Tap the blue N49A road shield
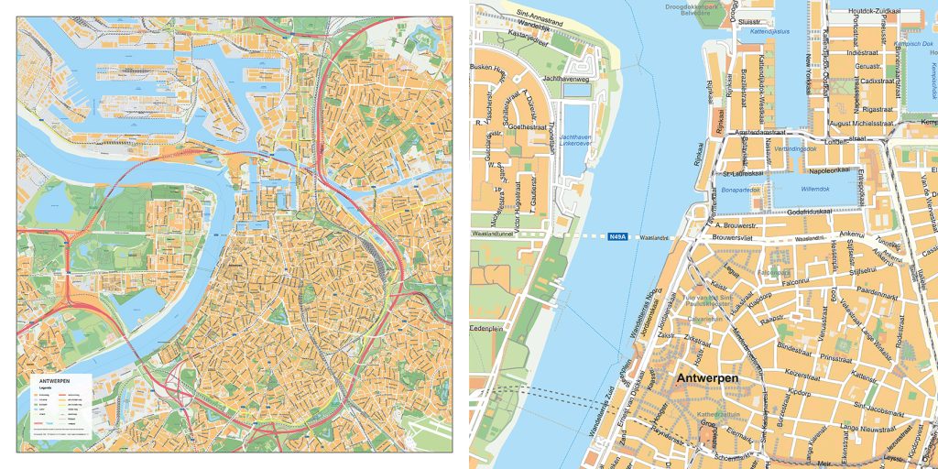click(617, 237)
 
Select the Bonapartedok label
click(742, 191)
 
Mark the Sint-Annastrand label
click(540, 14)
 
